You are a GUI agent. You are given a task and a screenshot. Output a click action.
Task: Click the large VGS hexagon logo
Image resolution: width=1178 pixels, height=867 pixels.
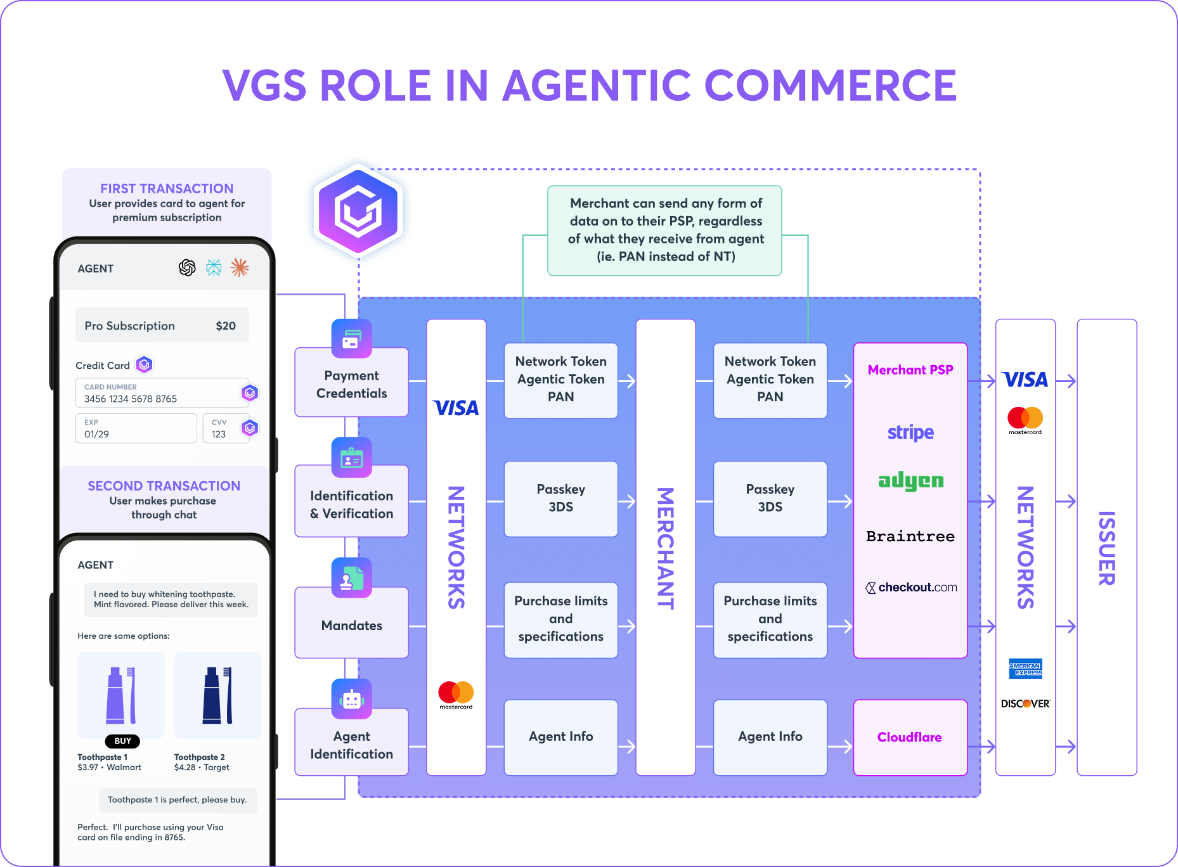pyautogui.click(x=358, y=211)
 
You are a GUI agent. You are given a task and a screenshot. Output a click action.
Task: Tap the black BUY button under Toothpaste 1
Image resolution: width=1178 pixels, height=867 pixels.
pyautogui.click(x=122, y=741)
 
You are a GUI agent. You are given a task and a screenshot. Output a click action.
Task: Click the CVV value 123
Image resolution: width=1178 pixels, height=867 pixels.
pyautogui.click(x=219, y=434)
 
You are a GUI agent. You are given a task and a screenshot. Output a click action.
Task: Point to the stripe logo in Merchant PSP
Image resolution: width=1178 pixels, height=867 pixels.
pyautogui.click(x=910, y=432)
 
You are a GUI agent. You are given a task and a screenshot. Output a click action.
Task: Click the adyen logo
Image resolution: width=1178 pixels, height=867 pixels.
pyautogui.click(x=910, y=482)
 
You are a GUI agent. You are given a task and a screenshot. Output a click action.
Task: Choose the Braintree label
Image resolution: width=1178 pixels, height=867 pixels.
pyautogui.click(x=910, y=536)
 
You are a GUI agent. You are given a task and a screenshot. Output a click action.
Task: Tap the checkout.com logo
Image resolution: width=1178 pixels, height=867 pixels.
pyautogui.click(x=911, y=588)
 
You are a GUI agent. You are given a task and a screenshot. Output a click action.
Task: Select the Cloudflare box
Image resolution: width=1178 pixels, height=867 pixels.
pyautogui.click(x=910, y=737)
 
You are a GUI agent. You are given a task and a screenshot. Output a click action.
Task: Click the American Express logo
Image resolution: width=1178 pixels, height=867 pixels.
pyautogui.click(x=1025, y=669)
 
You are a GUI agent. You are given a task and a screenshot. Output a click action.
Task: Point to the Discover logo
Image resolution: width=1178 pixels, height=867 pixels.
pyautogui.click(x=1025, y=703)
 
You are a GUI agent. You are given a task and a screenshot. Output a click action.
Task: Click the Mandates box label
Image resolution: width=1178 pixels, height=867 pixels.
pyautogui.click(x=352, y=626)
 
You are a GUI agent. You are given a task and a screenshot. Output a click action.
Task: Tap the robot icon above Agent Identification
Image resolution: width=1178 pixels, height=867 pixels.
pyautogui.click(x=352, y=698)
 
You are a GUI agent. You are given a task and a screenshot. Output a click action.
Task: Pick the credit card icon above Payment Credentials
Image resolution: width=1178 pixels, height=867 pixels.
pyautogui.click(x=352, y=338)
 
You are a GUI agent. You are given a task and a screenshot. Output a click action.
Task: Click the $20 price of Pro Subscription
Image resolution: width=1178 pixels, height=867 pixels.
pyautogui.click(x=226, y=326)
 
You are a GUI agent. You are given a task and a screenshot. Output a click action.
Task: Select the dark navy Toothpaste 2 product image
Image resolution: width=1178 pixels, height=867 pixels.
pyautogui.click(x=217, y=695)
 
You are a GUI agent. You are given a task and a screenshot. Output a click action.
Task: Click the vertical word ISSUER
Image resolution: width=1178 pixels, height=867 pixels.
pyautogui.click(x=1106, y=548)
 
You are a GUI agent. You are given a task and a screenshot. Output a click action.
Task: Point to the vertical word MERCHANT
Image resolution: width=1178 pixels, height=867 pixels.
pyautogui.click(x=665, y=548)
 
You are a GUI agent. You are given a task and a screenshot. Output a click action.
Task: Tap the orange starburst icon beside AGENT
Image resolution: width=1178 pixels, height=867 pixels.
pyautogui.click(x=240, y=268)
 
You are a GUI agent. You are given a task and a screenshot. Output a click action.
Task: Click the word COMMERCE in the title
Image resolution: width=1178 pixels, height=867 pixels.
pyautogui.click(x=830, y=86)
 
